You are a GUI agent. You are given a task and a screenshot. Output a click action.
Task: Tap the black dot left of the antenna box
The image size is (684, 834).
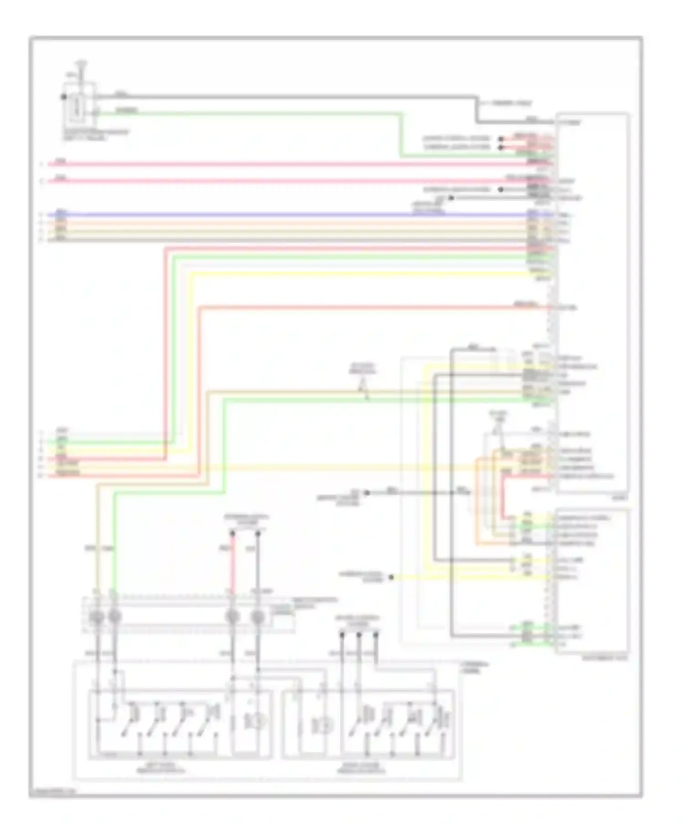(x=63, y=97)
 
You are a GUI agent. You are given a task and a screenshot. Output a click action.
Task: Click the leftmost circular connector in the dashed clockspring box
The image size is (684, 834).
(x=97, y=617)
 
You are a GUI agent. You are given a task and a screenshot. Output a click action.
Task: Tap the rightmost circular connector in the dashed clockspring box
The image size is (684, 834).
(x=258, y=617)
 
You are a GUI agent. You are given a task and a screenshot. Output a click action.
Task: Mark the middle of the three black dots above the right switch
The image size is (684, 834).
(x=359, y=635)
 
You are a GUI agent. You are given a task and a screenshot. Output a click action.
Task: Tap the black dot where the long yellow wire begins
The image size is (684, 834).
(x=391, y=578)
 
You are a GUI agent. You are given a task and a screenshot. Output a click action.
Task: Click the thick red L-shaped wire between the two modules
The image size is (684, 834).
(x=504, y=497)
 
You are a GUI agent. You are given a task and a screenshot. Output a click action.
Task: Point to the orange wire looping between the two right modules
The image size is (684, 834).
(x=477, y=502)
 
